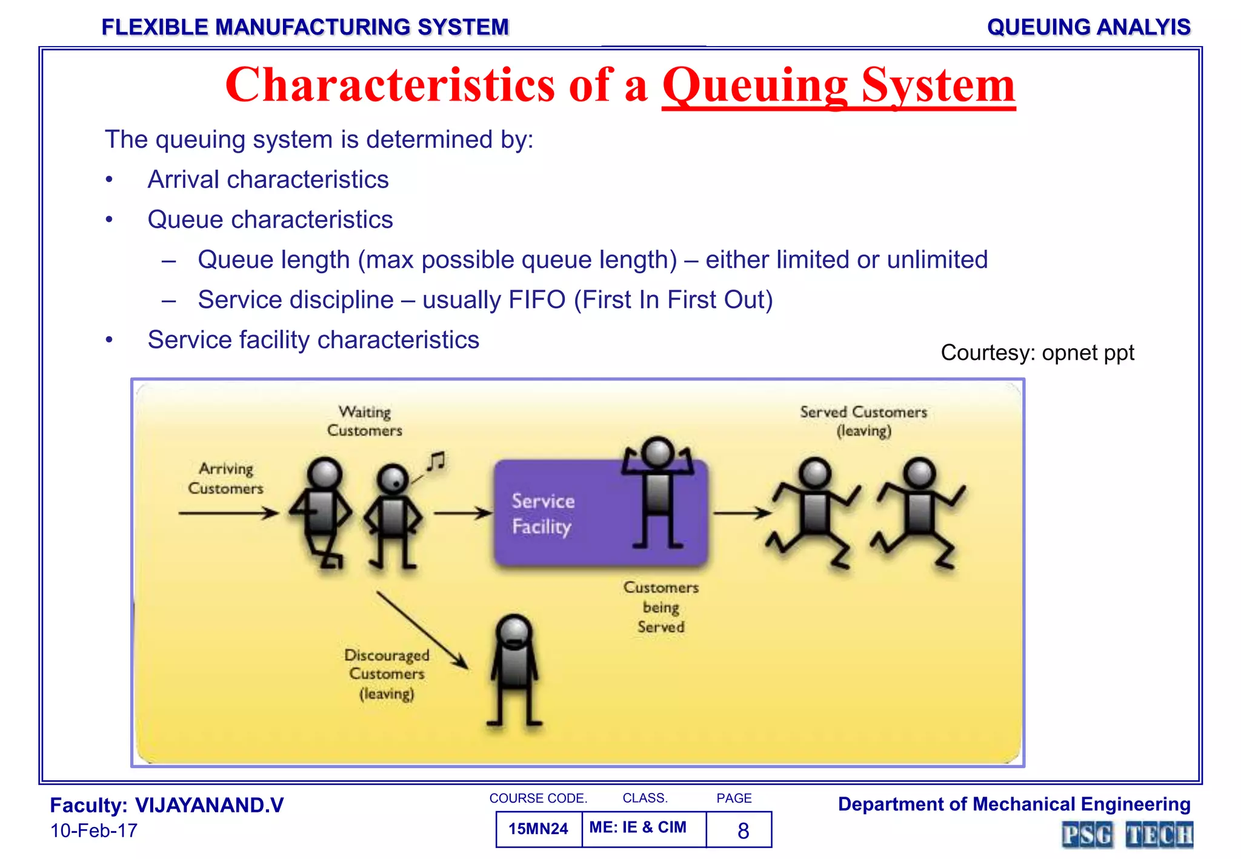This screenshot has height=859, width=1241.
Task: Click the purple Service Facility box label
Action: [542, 514]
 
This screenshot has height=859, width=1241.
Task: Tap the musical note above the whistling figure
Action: [436, 462]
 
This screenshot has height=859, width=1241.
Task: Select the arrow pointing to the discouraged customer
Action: [422, 630]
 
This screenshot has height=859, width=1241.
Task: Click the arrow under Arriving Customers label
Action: [228, 513]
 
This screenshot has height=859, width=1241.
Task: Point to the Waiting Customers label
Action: [364, 421]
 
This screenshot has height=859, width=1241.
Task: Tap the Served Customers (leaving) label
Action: [863, 421]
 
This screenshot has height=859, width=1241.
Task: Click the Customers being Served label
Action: [660, 607]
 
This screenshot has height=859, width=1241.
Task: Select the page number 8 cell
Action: [742, 831]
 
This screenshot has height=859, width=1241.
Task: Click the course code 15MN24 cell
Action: [538, 829]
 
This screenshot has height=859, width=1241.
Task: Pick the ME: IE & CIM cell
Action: [638, 827]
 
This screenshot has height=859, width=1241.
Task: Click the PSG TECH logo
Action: [1127, 835]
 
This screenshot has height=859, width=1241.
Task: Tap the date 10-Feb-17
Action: [94, 831]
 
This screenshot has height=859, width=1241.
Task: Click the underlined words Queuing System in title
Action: [838, 85]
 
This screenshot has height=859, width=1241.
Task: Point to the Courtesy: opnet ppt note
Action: [1037, 353]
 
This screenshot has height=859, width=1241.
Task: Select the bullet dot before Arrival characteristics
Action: [109, 180]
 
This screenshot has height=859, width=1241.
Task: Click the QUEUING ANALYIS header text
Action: [1088, 27]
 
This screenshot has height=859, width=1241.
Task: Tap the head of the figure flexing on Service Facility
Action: [657, 452]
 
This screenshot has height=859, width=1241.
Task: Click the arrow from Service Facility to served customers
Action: [742, 513]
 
